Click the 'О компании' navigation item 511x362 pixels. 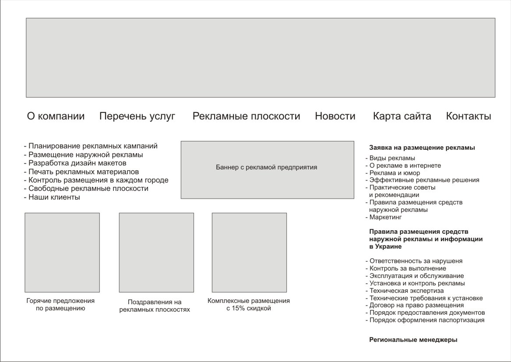point(56,116)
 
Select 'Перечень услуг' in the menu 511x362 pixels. point(137,116)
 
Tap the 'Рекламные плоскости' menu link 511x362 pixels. point(246,116)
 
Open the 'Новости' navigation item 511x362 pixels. point(335,116)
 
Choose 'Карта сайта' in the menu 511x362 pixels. point(402,116)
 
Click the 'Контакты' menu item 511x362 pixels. point(469,116)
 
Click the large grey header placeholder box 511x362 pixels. point(261,57)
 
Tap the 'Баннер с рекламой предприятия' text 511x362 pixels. point(266,167)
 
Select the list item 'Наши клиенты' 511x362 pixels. point(54,197)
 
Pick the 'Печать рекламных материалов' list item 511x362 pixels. point(83,172)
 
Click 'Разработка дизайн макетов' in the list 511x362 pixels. point(77,163)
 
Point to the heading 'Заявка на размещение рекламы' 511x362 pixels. point(422,148)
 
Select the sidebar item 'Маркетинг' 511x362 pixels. point(385,217)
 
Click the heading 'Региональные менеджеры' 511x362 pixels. point(413,340)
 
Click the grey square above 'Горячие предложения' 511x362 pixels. point(62,253)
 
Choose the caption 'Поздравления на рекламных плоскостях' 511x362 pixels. point(155,306)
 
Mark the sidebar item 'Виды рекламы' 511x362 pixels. point(392,158)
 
